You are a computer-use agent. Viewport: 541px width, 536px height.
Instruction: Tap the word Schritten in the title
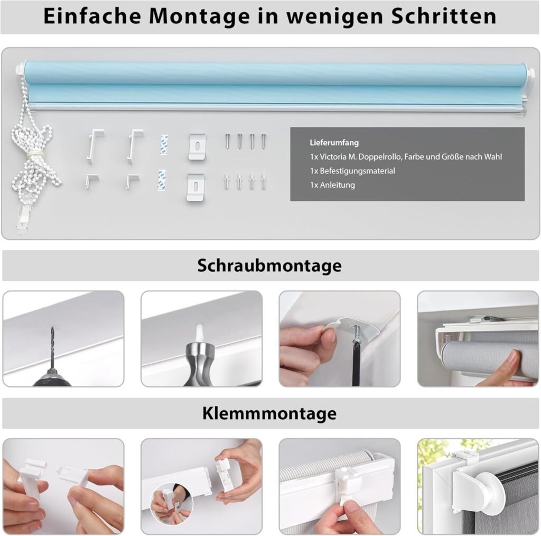444,16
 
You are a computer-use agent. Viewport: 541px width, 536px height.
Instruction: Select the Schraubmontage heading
269,265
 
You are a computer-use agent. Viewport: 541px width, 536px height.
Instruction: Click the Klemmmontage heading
269,413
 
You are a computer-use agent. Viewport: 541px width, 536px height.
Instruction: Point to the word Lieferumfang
334,143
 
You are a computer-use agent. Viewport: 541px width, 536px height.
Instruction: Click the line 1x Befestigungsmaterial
352,171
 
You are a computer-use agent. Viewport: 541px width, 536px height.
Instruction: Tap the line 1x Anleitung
332,185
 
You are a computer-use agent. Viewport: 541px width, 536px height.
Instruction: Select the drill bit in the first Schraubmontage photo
52,347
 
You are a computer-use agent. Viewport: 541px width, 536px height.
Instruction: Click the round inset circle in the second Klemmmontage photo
172,504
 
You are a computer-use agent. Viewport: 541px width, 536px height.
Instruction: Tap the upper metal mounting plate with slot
198,146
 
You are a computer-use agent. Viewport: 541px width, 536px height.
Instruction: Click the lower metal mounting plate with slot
195,187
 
